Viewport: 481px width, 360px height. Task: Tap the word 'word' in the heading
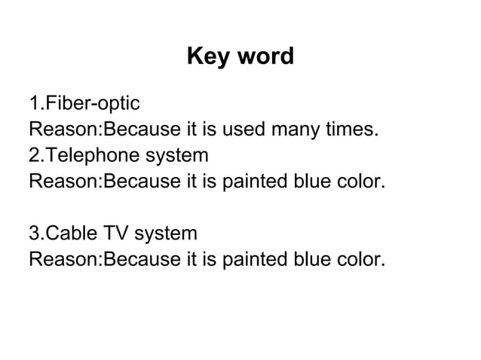(264, 56)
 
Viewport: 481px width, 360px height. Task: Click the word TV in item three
(117, 234)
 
